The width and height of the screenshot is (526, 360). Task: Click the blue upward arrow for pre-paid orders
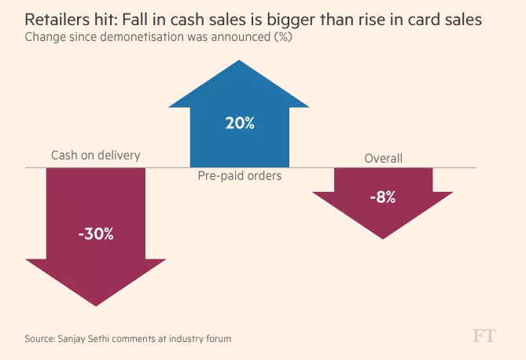coord(239,138)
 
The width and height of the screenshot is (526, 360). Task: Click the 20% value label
coord(239,123)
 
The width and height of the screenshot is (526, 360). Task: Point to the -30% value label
coord(96,233)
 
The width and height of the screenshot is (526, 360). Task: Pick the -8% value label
coord(383,197)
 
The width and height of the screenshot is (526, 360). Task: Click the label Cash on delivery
coord(95,155)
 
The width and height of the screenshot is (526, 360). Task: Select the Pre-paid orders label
coord(239,176)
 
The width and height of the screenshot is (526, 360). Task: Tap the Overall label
coord(383,158)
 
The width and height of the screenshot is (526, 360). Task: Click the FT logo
coord(484,336)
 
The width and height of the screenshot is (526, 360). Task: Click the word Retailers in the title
coord(57,19)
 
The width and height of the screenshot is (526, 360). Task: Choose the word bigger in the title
coord(302,19)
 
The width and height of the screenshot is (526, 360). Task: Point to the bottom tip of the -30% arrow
coord(96,305)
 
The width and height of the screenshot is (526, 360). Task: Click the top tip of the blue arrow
coord(239,62)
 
